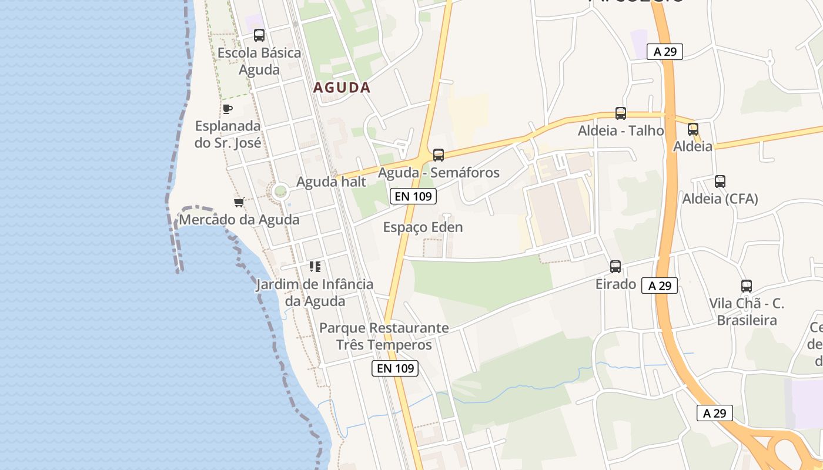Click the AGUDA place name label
pyautogui.click(x=342, y=88)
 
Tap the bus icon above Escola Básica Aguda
pyautogui.click(x=259, y=35)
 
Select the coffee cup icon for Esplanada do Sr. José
pyautogui.click(x=228, y=109)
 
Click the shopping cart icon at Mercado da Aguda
pyautogui.click(x=239, y=202)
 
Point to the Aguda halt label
pyautogui.click(x=331, y=182)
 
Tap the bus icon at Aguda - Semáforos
pyautogui.click(x=439, y=155)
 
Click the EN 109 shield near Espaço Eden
pyautogui.click(x=413, y=196)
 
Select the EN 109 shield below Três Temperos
pyautogui.click(x=396, y=368)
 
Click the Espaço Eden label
pyautogui.click(x=423, y=227)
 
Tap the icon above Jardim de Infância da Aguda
pyautogui.click(x=315, y=267)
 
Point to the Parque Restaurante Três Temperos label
pyautogui.click(x=384, y=336)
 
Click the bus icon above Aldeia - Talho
pyautogui.click(x=620, y=113)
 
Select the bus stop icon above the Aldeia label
pyautogui.click(x=693, y=129)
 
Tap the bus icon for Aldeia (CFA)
pyautogui.click(x=720, y=182)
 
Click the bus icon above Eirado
pyautogui.click(x=615, y=267)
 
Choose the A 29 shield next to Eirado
pyautogui.click(x=660, y=286)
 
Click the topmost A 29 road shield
pyautogui.click(x=665, y=52)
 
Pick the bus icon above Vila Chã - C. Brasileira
pyautogui.click(x=747, y=286)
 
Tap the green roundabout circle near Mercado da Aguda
pyautogui.click(x=280, y=191)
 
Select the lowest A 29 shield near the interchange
pyautogui.click(x=715, y=413)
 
